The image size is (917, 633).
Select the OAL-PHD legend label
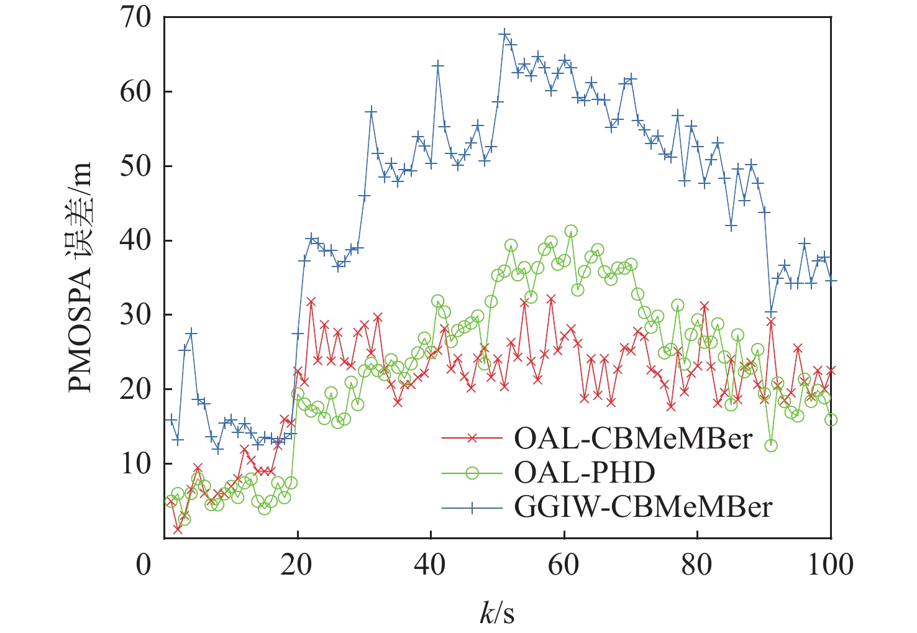pos(584,473)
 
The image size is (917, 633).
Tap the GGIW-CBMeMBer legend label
pos(642,508)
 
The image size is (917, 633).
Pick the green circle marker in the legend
pos(472,473)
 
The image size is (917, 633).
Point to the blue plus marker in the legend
pos(472,508)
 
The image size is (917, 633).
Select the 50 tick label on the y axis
pos(136,166)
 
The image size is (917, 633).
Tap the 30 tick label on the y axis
pos(136,315)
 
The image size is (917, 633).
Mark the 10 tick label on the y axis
pos(136,464)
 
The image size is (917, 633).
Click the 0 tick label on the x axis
pos(144,565)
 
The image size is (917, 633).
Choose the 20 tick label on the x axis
pos(297,565)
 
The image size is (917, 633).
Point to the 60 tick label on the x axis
pos(563,565)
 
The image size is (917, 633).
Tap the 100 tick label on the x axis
pos(830,565)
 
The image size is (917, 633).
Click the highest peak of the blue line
pos(504,34)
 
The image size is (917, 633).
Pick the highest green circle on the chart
pos(570,231)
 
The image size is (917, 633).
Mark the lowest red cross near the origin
pos(178,529)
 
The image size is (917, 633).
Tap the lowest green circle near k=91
pos(770,445)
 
